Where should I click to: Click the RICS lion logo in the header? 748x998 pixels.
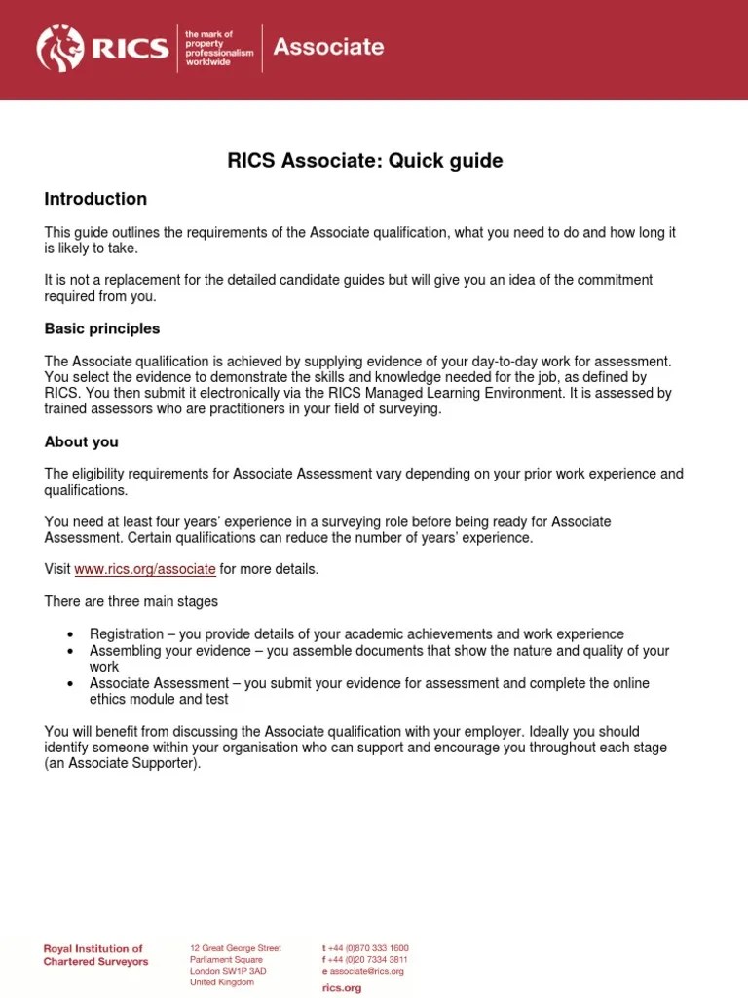[61, 48]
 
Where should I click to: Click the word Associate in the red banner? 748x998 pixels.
[328, 47]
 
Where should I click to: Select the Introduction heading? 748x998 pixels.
[95, 199]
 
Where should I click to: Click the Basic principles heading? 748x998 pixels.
[102, 328]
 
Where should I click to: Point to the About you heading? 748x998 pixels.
[82, 441]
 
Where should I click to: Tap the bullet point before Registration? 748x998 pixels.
[71, 634]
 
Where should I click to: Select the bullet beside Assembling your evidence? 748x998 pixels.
[71, 651]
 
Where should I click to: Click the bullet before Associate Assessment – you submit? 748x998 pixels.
[71, 684]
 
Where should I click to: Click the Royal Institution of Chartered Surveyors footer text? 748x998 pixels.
[95, 955]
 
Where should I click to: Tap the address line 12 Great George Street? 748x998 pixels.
[236, 947]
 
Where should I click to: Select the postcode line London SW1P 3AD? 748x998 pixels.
[229, 971]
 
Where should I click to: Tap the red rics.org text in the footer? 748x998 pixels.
[341, 987]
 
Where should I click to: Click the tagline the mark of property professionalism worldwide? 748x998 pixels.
[219, 48]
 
